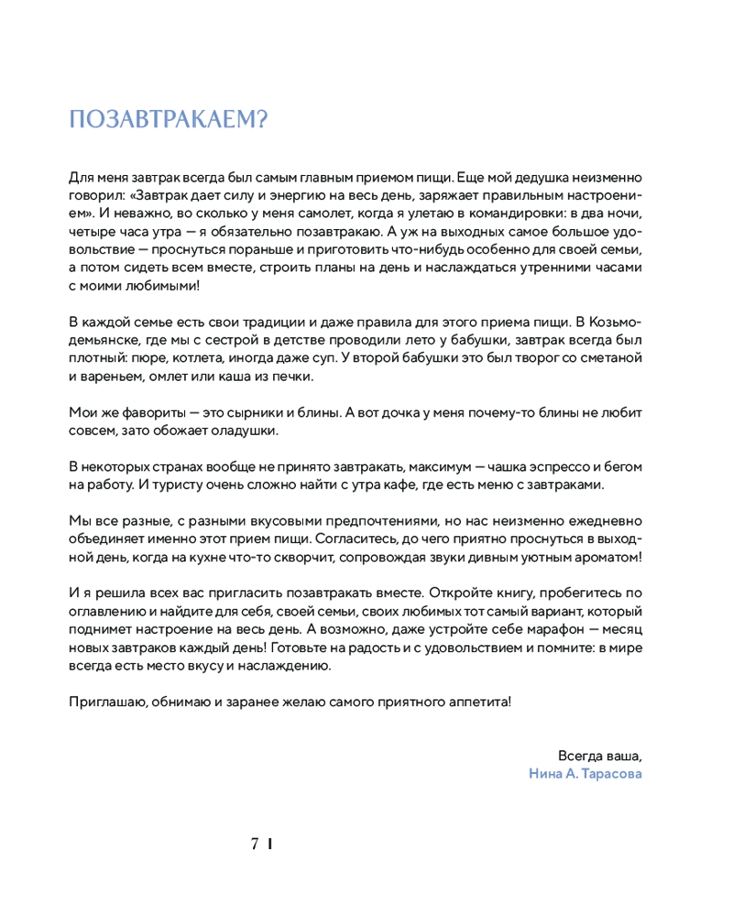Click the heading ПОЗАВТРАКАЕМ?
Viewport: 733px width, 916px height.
169,119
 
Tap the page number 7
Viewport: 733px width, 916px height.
255,844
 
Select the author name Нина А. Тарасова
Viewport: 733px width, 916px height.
585,774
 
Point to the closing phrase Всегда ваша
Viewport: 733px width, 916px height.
600,756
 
